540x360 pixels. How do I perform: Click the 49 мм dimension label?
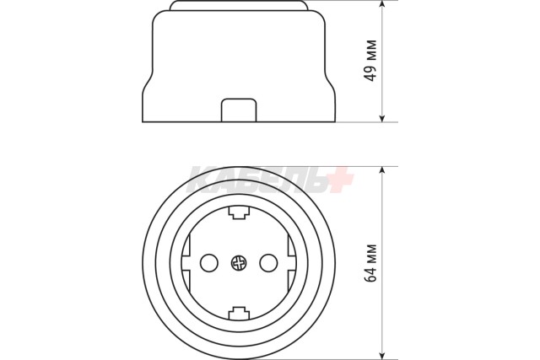click(x=370, y=61)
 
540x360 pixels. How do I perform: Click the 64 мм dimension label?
click(x=370, y=263)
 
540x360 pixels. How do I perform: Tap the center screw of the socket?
click(x=239, y=263)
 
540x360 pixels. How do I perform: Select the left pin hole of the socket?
click(x=208, y=263)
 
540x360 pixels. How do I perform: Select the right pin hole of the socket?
click(x=268, y=263)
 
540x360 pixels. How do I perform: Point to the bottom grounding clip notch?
click(x=239, y=314)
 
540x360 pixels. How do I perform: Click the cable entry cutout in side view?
click(x=239, y=110)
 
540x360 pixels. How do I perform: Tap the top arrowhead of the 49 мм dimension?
click(x=382, y=4)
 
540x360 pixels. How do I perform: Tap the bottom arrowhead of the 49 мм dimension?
click(x=382, y=118)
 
